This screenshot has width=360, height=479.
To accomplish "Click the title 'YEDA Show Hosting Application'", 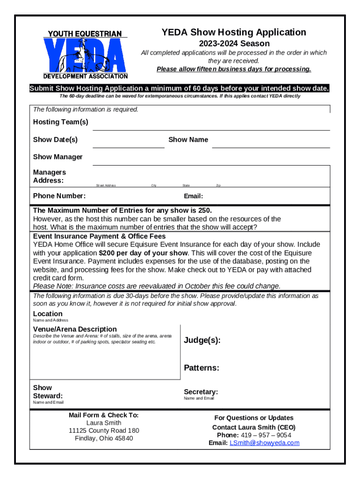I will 234,32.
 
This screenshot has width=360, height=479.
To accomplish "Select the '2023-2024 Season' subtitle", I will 234,44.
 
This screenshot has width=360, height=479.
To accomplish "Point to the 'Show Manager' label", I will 58,157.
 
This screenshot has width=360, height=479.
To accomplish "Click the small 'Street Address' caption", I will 106,186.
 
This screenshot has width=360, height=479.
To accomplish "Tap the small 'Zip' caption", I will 218,186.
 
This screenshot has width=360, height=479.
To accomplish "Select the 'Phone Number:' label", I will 59,196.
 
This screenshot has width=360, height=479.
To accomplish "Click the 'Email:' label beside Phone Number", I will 193,196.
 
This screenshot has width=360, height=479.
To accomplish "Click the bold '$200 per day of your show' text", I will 143,253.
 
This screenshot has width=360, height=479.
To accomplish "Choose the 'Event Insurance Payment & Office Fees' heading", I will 99,236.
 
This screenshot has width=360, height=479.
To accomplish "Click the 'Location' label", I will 47,314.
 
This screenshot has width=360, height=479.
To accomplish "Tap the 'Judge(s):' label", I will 202,340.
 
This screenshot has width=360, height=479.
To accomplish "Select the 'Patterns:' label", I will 201,368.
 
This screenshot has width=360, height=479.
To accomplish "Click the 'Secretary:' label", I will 201,392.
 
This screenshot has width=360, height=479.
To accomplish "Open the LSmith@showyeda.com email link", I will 264,443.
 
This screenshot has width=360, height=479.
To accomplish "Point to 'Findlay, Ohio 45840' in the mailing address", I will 104,438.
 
